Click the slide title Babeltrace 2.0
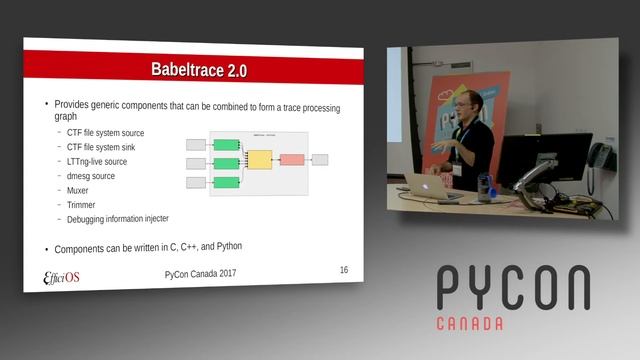(198, 70)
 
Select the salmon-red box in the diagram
(292, 159)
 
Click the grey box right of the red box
(320, 159)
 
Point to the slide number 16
(344, 270)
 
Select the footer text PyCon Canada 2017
(201, 274)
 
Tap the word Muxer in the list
(80, 189)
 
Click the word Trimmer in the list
(83, 203)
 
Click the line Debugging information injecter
(118, 218)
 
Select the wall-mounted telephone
(601, 156)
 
